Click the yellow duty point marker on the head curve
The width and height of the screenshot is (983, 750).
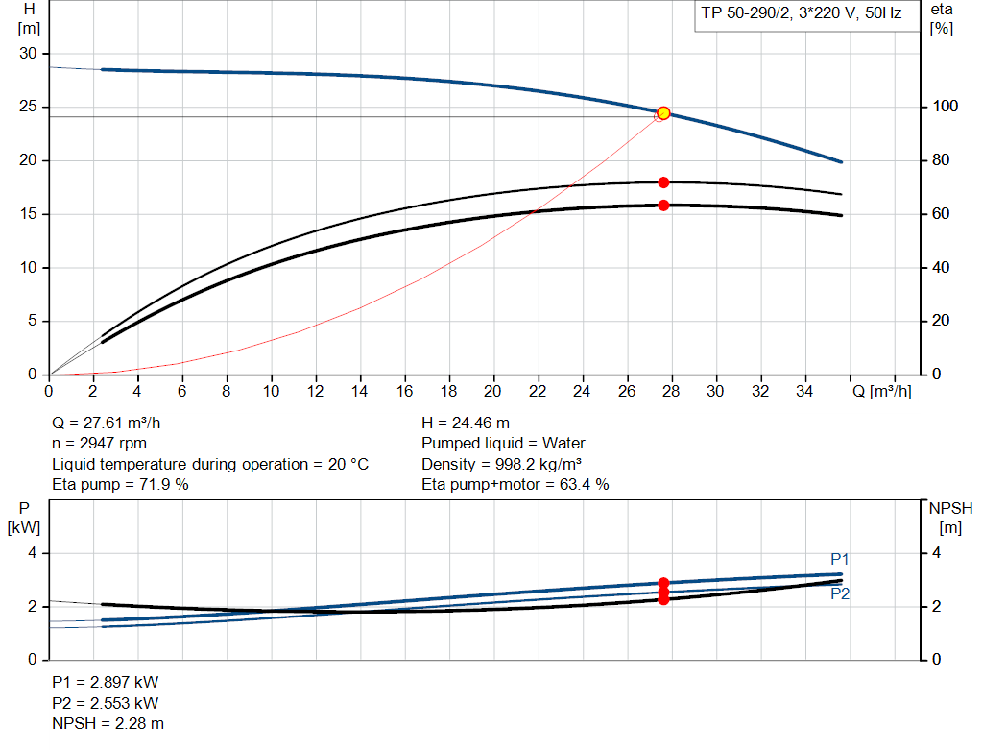[x=663, y=113]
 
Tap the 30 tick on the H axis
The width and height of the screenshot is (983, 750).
[x=28, y=54]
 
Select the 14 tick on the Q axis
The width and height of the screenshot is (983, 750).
[x=360, y=392]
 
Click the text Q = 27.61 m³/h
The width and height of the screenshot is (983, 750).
[x=113, y=423]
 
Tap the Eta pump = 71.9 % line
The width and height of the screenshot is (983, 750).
[x=120, y=485]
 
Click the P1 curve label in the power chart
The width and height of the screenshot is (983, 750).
[x=840, y=560]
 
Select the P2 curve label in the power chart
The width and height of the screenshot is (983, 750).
[x=840, y=593]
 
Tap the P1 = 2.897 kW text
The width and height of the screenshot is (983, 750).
[x=105, y=682]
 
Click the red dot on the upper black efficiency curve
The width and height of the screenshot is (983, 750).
[x=663, y=182]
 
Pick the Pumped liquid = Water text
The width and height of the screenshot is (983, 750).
[x=503, y=444]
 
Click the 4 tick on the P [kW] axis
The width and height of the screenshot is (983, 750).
[x=32, y=553]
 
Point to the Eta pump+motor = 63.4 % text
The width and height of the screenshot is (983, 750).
[x=515, y=485]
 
